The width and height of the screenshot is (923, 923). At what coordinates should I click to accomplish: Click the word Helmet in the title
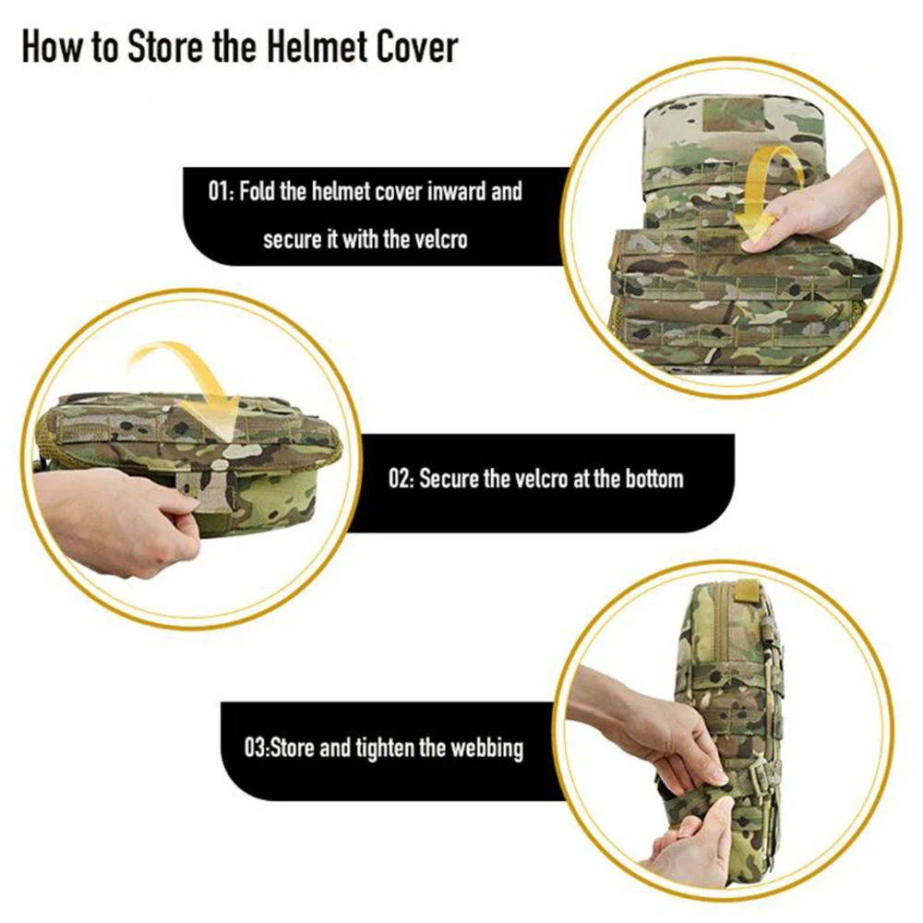click(314, 46)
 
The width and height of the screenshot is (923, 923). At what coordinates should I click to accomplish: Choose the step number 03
click(257, 749)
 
